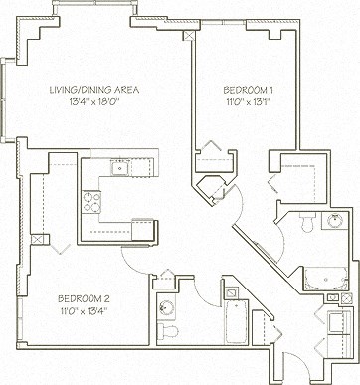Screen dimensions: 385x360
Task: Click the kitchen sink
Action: [121, 168]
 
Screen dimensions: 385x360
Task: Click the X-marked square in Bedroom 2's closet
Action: [39, 240]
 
